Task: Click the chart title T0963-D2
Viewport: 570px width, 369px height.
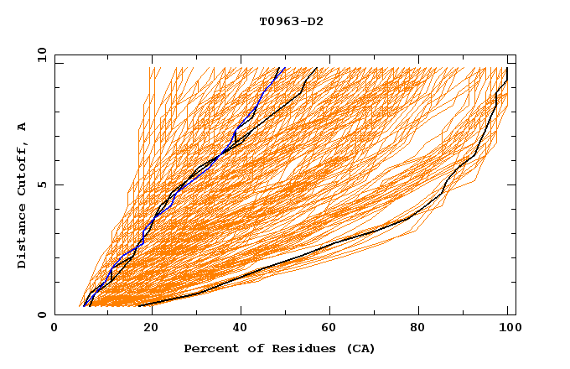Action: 291,21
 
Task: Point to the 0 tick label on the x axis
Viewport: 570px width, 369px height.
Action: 54,329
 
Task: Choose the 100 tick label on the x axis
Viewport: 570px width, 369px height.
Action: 507,329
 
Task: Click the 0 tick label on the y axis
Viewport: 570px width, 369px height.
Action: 42,314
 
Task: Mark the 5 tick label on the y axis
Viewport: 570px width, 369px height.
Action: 42,184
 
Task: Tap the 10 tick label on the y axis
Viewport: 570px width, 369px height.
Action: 39,55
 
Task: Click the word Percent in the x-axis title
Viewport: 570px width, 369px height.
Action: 207,349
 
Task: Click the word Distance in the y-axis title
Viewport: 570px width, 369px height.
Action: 22,238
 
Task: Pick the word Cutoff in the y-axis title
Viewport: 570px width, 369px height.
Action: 22,169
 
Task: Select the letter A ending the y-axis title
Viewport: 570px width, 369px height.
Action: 22,127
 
